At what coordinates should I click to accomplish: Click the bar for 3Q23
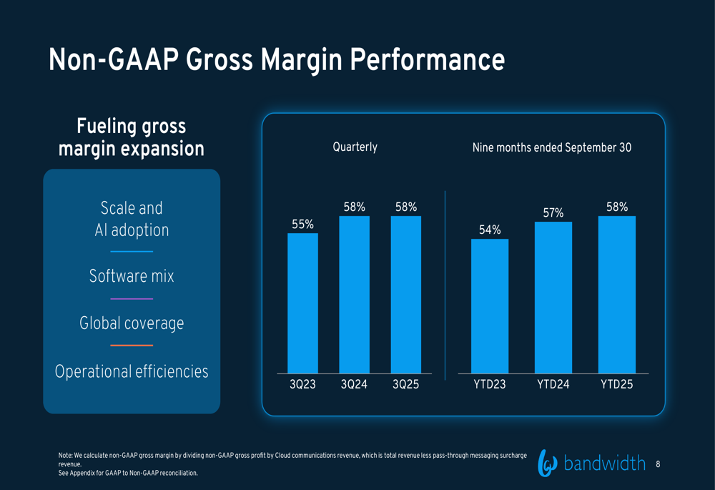[302, 303]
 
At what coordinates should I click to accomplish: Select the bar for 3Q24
[354, 295]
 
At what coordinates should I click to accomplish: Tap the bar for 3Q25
[405, 295]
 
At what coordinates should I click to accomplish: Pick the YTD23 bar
[490, 306]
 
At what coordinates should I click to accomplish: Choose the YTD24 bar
[553, 298]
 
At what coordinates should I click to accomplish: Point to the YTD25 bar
[616, 295]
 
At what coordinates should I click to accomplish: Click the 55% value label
[302, 225]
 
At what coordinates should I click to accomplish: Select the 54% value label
[490, 230]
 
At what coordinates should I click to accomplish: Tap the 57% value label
[553, 212]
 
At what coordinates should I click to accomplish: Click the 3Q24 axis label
[354, 385]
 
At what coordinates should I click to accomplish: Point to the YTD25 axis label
[616, 385]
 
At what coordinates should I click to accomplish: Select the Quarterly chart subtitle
[355, 147]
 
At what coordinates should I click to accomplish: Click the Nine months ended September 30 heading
[551, 148]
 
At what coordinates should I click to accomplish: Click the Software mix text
[132, 276]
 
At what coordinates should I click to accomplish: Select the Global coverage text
[132, 323]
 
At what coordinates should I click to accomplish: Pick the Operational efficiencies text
[132, 372]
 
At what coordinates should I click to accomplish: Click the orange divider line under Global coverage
[132, 346]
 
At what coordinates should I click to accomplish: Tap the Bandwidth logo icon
[547, 464]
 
